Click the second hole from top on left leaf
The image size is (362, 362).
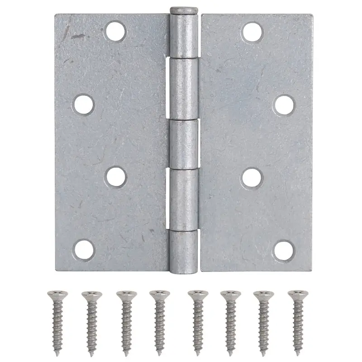(x=84, y=104)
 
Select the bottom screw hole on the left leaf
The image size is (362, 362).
(x=84, y=249)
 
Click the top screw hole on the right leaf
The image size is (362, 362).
(x=252, y=31)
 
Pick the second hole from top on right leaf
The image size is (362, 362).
(x=284, y=104)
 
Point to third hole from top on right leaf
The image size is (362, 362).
(x=252, y=177)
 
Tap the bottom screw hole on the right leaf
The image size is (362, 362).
(x=284, y=248)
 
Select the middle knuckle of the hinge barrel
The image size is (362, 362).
(x=184, y=144)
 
